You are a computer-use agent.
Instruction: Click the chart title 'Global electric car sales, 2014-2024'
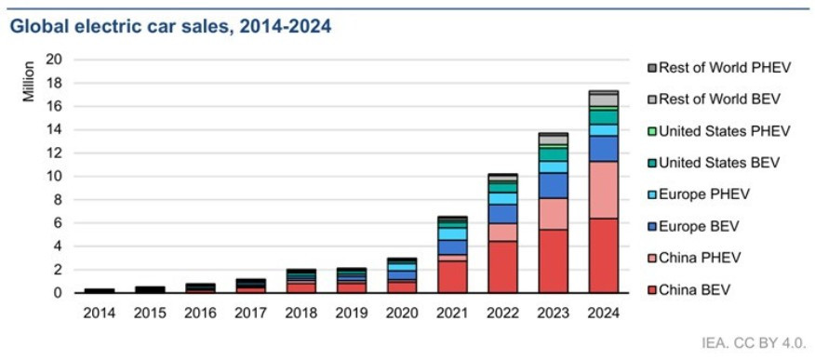[x=170, y=27]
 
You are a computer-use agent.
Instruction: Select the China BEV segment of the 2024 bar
[x=604, y=256]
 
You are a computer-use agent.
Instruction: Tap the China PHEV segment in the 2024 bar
[x=604, y=190]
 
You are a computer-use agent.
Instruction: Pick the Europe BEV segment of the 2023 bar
[x=553, y=185]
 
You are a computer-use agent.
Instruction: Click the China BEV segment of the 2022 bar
[x=502, y=267]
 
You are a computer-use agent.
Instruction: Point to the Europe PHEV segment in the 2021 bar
[x=452, y=233]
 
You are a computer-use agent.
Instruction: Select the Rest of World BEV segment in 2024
[x=604, y=100]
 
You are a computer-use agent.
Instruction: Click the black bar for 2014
[x=99, y=291]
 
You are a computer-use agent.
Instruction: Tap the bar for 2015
[x=149, y=290]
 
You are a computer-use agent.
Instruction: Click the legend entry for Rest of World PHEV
[x=718, y=68]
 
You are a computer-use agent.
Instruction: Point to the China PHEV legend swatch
[x=652, y=259]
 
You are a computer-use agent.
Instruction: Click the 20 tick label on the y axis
[x=56, y=60]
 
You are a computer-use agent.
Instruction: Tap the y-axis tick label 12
[x=56, y=153]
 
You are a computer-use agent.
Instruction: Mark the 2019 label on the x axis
[x=352, y=313]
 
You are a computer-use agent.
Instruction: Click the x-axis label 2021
[x=452, y=313]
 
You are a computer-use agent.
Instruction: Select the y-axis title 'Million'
[x=29, y=82]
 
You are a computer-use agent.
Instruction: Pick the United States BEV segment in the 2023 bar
[x=553, y=154]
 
